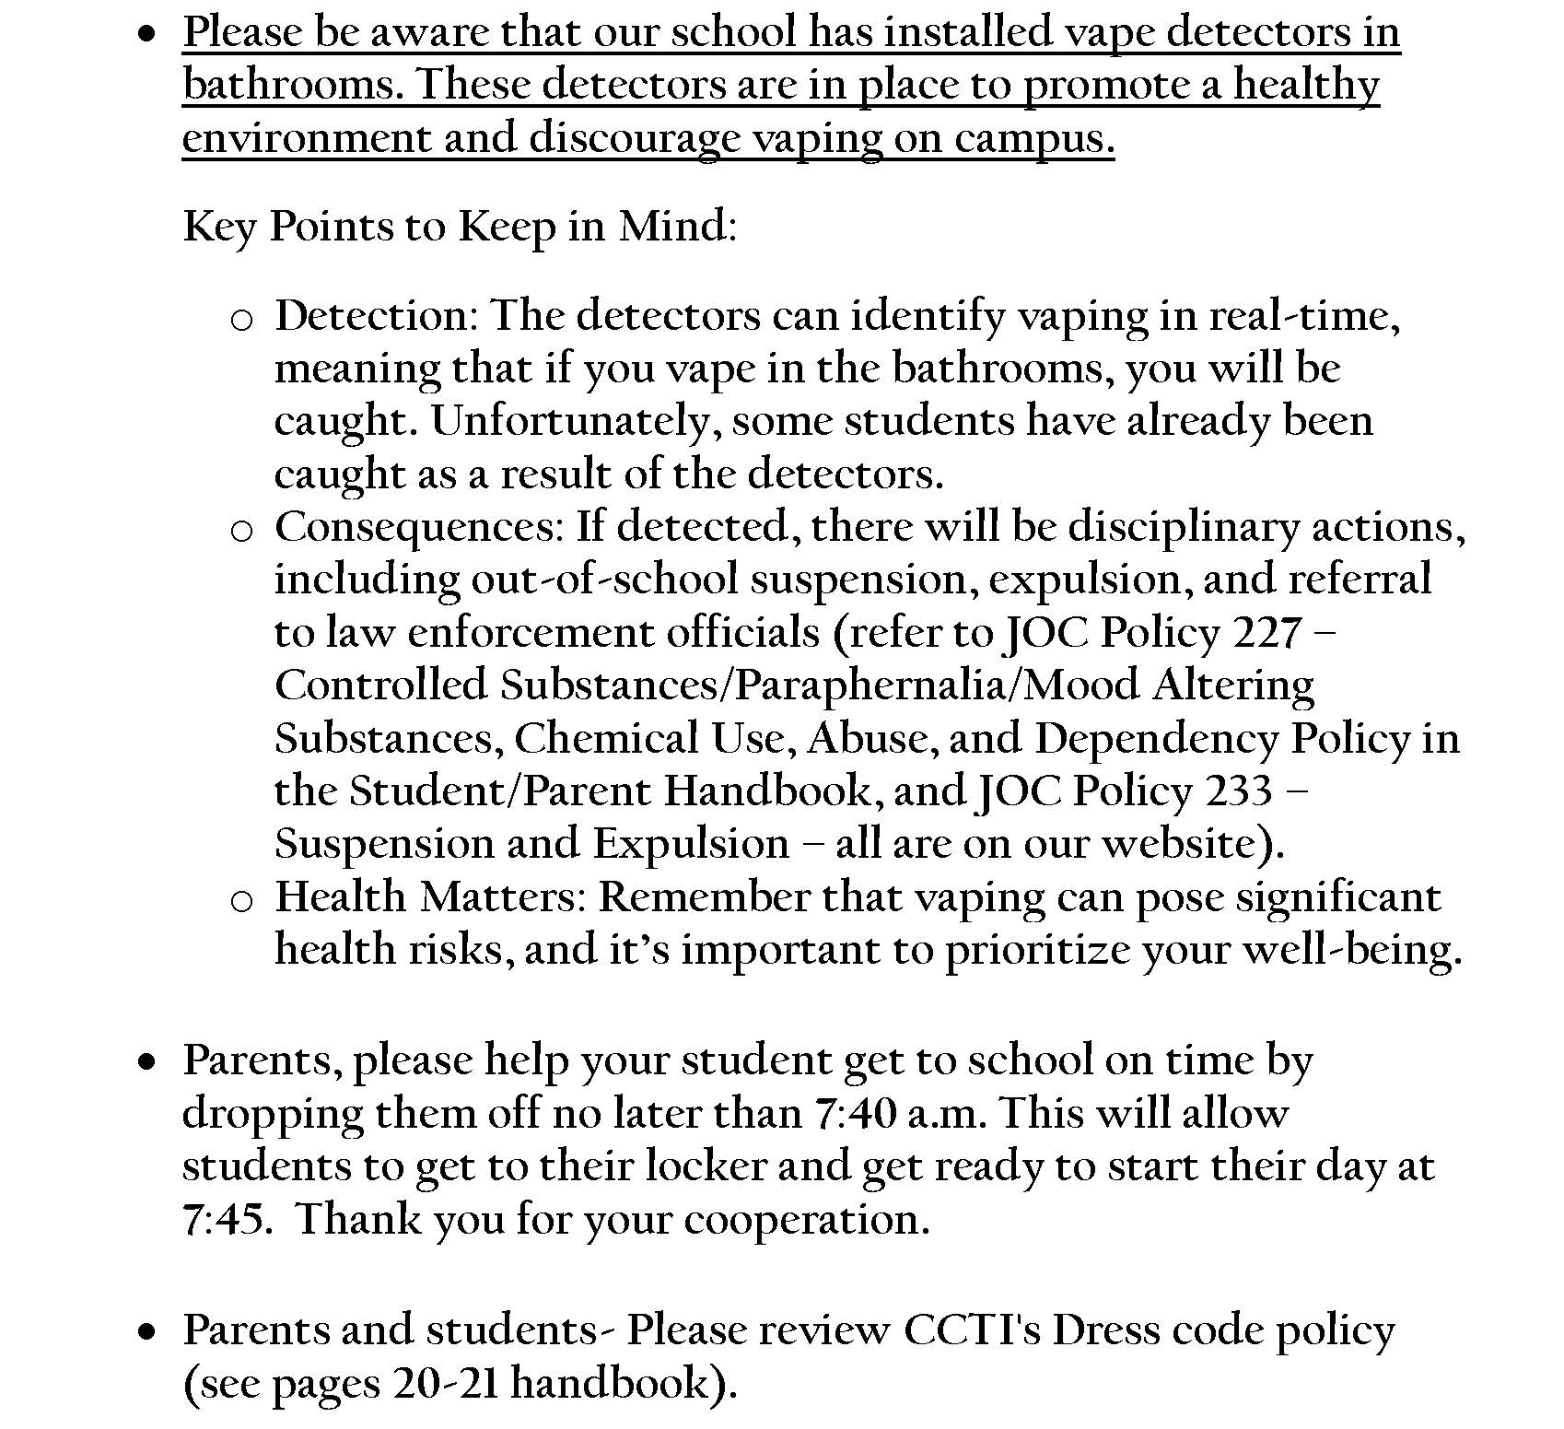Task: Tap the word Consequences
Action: tap(419, 527)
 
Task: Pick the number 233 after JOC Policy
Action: tap(1237, 791)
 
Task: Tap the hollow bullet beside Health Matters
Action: tap(241, 900)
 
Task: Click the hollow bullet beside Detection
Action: tap(241, 319)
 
